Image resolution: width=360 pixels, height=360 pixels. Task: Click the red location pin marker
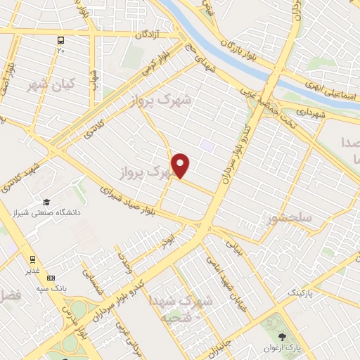click(x=181, y=165)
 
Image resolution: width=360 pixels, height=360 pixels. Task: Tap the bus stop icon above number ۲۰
click(x=61, y=40)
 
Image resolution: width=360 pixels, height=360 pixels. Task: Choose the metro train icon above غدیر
click(x=32, y=259)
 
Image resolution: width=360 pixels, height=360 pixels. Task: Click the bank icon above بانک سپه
click(x=49, y=278)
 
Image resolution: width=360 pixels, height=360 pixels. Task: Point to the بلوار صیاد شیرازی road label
click(x=128, y=199)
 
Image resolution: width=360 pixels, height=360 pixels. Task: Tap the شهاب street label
click(x=93, y=83)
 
